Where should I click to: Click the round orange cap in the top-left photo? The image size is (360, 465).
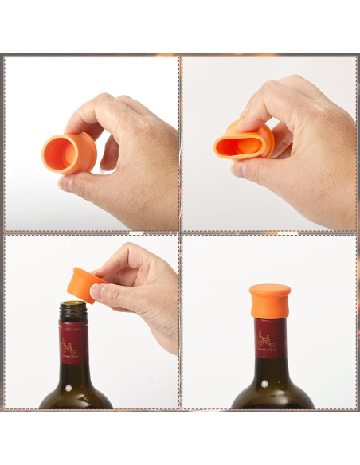(70, 152)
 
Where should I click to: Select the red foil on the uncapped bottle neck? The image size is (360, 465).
(73, 342)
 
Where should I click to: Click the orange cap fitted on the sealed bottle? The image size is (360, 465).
(270, 301)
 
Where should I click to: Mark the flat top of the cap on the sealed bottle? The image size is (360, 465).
(270, 288)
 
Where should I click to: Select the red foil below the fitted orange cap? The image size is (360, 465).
(271, 338)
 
